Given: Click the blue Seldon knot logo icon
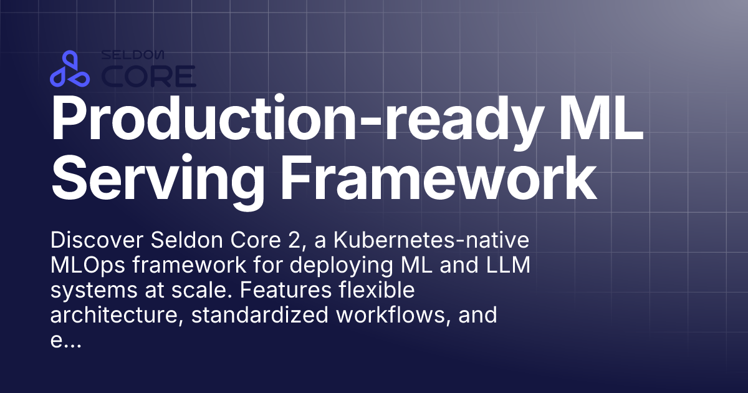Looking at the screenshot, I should coord(70,69).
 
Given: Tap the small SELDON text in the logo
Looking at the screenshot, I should coord(133,56).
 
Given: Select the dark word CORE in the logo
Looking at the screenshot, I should coord(148,75).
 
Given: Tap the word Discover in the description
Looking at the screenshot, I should coord(92,240).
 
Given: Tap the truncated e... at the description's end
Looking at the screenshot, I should coord(64,342).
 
